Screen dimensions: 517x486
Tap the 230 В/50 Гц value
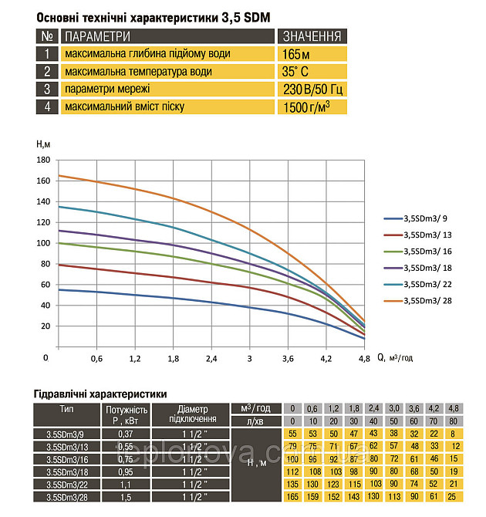[x=312, y=90]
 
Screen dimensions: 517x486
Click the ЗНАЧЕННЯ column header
[x=312, y=36]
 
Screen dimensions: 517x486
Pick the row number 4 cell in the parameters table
[x=47, y=106]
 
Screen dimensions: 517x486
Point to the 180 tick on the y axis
[x=43, y=160]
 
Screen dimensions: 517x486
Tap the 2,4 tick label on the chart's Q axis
[x=211, y=359]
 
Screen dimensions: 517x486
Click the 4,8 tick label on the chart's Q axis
[x=363, y=359]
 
